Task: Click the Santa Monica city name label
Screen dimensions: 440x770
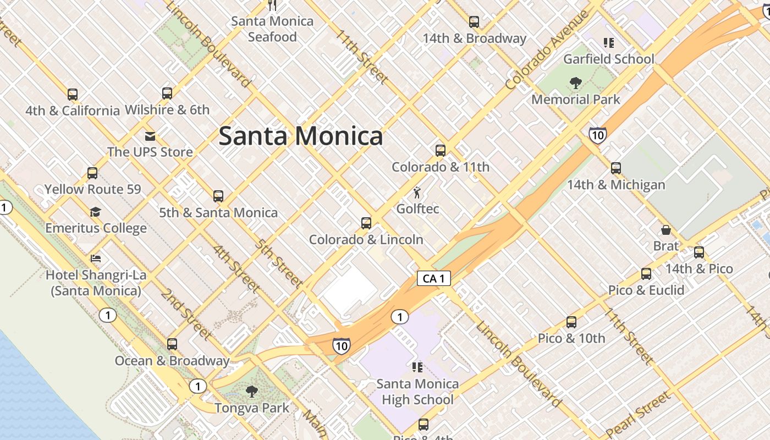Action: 300,136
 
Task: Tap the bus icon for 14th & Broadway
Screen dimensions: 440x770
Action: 474,22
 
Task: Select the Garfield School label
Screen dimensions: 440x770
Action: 608,59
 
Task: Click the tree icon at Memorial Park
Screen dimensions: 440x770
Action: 576,83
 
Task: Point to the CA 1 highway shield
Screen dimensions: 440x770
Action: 433,278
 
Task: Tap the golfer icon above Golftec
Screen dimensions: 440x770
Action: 417,193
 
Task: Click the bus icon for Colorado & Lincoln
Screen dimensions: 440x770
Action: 366,223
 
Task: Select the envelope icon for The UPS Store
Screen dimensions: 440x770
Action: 150,136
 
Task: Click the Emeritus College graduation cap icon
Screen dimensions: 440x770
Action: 96,212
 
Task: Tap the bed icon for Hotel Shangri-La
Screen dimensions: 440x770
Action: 96,258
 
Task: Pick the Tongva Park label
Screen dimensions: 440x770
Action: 251,408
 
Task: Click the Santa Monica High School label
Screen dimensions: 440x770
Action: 417,392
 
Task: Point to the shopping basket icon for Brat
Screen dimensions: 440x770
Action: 665,229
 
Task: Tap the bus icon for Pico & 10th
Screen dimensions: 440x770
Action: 571,322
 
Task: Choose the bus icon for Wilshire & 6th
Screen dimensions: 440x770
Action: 167,94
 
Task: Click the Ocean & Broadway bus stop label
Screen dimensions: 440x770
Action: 172,361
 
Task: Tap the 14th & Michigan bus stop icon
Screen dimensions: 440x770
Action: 616,168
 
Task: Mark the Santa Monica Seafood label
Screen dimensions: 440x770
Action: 272,29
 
